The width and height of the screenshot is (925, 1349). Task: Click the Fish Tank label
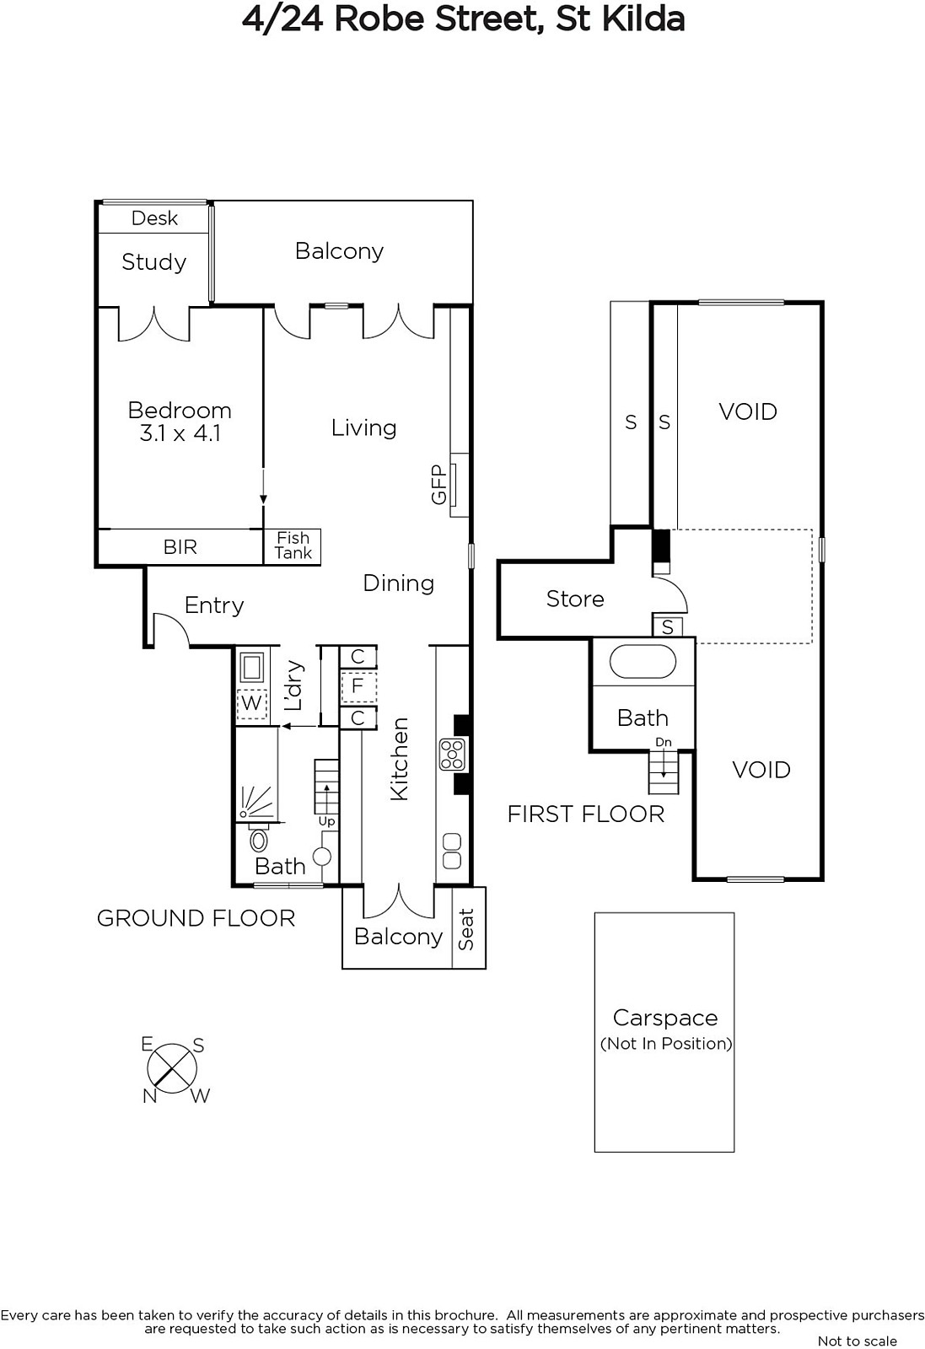(x=293, y=546)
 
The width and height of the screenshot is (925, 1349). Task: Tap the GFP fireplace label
(x=439, y=485)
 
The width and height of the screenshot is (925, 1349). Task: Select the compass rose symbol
(x=172, y=1069)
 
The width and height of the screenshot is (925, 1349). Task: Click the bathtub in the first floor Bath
(x=643, y=662)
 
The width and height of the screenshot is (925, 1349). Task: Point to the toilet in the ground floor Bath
(x=259, y=839)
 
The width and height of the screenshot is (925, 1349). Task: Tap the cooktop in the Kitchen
(x=452, y=755)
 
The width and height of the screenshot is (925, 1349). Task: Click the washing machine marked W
(x=251, y=703)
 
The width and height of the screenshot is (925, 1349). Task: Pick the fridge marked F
(x=358, y=686)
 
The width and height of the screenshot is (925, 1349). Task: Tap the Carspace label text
(x=665, y=1018)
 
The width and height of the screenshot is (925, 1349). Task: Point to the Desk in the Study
(x=154, y=218)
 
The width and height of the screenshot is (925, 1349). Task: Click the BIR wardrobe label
(x=180, y=547)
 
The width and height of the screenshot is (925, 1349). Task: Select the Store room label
(x=575, y=599)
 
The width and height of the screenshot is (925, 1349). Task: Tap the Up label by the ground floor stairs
(x=326, y=821)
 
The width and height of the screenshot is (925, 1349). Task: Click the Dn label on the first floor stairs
(x=664, y=742)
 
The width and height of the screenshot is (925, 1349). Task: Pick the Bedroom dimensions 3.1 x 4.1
(x=180, y=433)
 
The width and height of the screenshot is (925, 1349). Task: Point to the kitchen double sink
(x=452, y=851)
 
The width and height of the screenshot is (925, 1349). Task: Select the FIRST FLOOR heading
(x=586, y=814)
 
